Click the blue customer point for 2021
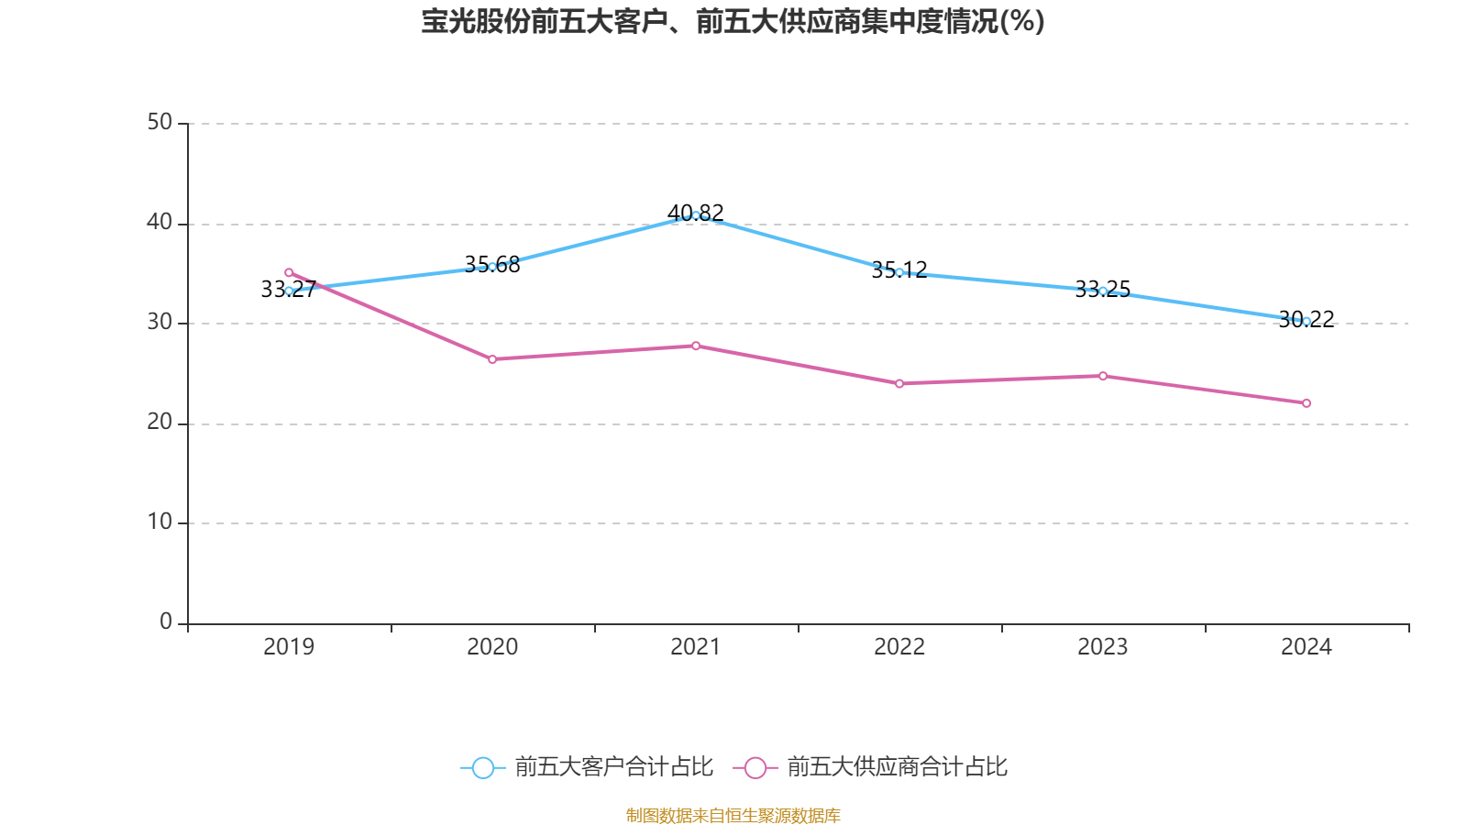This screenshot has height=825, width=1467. coord(696,215)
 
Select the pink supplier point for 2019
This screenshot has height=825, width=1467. coord(289,272)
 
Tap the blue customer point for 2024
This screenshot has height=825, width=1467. coord(1307,321)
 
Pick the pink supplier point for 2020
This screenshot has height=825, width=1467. coord(492,359)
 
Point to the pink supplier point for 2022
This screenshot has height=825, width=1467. coord(899,383)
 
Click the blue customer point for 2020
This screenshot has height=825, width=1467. coord(492,267)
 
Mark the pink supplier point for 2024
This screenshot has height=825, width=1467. coord(1307,403)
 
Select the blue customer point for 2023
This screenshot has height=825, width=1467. coord(1103,291)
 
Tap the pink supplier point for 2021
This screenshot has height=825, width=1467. coord(696,346)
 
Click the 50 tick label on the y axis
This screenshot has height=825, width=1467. coord(160,122)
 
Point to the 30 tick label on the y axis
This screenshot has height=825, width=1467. coord(160,322)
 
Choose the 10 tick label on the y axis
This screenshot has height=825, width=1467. coord(160,522)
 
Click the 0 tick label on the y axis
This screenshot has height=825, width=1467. coord(166,621)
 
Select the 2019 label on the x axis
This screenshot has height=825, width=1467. coord(289,647)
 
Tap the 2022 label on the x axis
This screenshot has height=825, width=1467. coord(899,647)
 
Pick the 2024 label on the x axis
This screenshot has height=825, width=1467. coord(1307,647)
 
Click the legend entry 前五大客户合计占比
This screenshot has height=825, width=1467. coord(588,767)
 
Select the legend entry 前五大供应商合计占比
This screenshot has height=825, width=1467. coord(871,767)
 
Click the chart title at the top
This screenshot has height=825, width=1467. coord(733,21)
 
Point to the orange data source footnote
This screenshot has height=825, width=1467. coord(733,815)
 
